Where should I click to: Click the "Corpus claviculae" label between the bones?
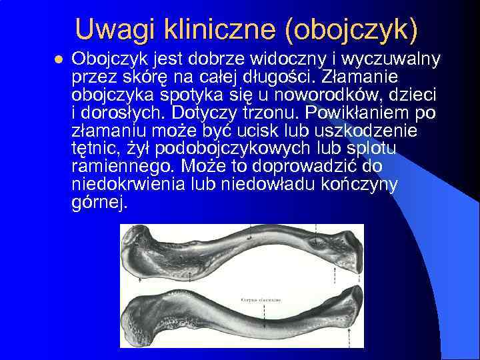click(x=261, y=301)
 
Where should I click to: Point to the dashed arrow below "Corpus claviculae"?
click(x=261, y=307)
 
